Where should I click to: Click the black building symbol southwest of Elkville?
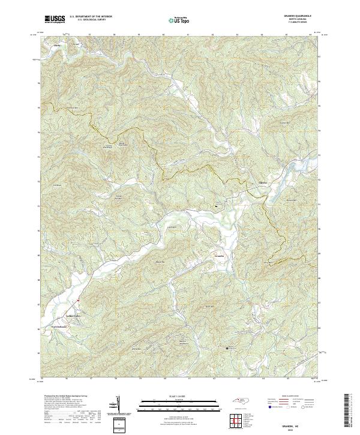(215, 206)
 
